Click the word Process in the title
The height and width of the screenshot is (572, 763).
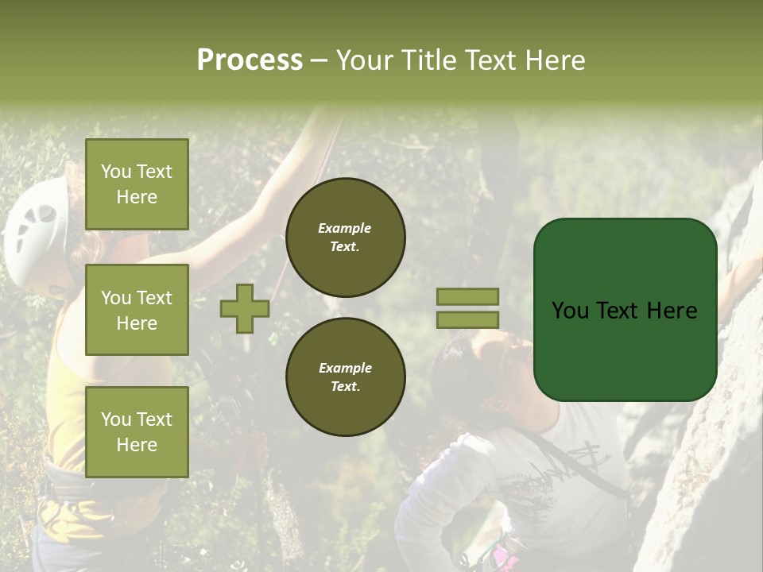pyautogui.click(x=250, y=60)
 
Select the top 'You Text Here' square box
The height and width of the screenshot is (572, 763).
pyautogui.click(x=137, y=184)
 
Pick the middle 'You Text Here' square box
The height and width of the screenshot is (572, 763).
pyautogui.click(x=137, y=310)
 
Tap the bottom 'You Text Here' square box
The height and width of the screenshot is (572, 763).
pyautogui.click(x=137, y=431)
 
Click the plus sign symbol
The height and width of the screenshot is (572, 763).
pyautogui.click(x=245, y=308)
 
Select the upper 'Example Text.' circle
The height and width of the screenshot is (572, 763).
pyautogui.click(x=345, y=238)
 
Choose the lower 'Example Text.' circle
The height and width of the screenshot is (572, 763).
pyautogui.click(x=345, y=377)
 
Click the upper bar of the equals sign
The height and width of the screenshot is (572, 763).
pyautogui.click(x=467, y=296)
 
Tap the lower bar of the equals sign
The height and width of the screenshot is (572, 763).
pyautogui.click(x=467, y=319)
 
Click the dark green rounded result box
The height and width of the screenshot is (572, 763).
pyautogui.click(x=625, y=310)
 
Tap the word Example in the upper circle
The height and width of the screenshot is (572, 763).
pyautogui.click(x=345, y=228)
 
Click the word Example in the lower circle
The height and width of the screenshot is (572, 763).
pyautogui.click(x=345, y=368)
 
